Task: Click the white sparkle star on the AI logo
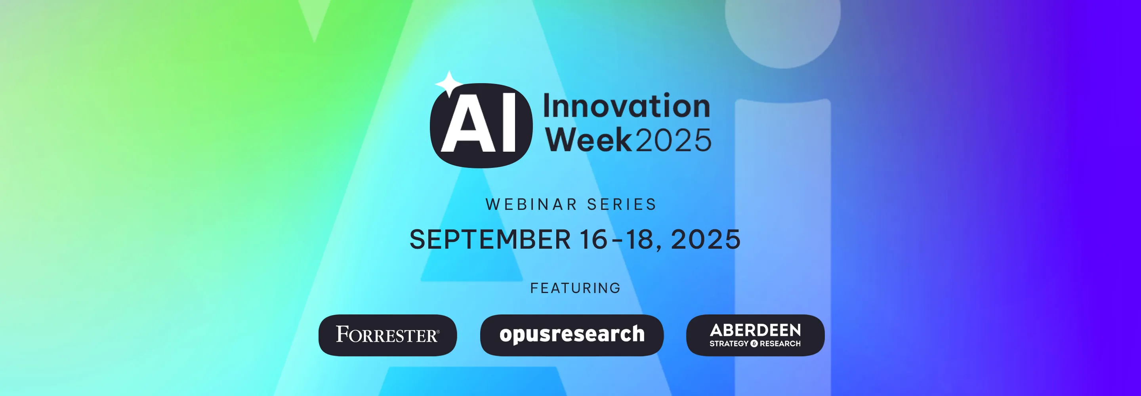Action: coord(449,84)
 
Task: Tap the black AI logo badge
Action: coord(481,126)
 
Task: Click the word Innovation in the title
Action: coord(627,106)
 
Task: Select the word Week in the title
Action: coord(588,139)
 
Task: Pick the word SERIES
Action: coord(622,205)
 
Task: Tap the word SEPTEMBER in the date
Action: coord(490,240)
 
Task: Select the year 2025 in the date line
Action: coord(706,240)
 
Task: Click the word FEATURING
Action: coord(575,288)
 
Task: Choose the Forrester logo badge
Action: coord(387,335)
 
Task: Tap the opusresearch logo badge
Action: coord(572,335)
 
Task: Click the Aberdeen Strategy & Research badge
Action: coord(755,335)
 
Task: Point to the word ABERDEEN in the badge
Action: coord(755,330)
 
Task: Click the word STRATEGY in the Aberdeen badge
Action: coord(729,344)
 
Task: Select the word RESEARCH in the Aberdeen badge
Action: coord(780,344)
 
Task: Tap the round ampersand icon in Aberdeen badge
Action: coord(754,344)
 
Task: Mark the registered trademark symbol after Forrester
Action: coord(438,331)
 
